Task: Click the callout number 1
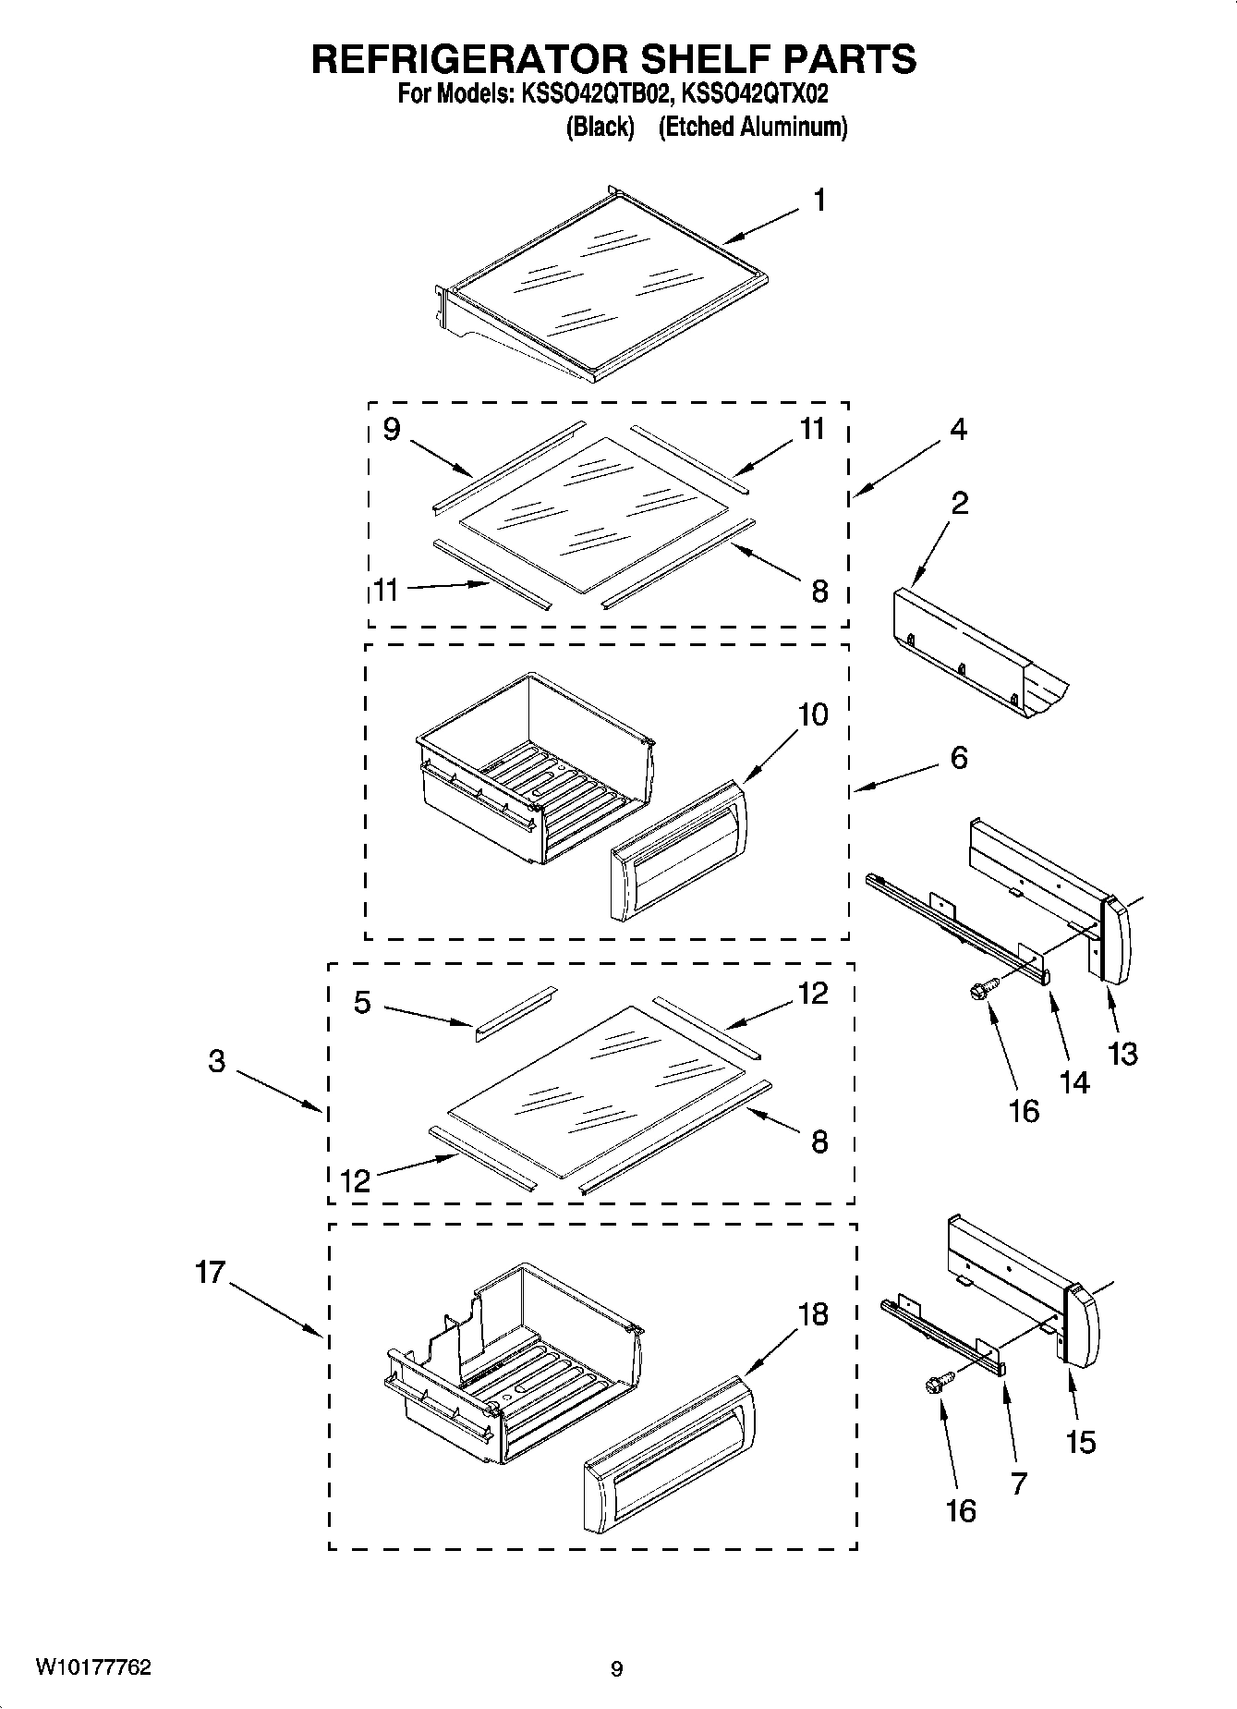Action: tap(819, 201)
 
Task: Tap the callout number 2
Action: tap(959, 504)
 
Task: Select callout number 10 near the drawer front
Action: tap(812, 714)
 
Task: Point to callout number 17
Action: tap(210, 1273)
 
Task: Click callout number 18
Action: tap(812, 1314)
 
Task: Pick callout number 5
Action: tap(362, 1002)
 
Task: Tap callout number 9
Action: tap(391, 430)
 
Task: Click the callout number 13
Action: tap(1122, 1054)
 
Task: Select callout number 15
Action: tap(1080, 1442)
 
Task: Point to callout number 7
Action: tap(1018, 1483)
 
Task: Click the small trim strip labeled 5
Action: tap(515, 1012)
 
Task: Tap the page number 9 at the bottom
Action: tap(617, 1668)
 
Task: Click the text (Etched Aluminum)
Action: tap(752, 127)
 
